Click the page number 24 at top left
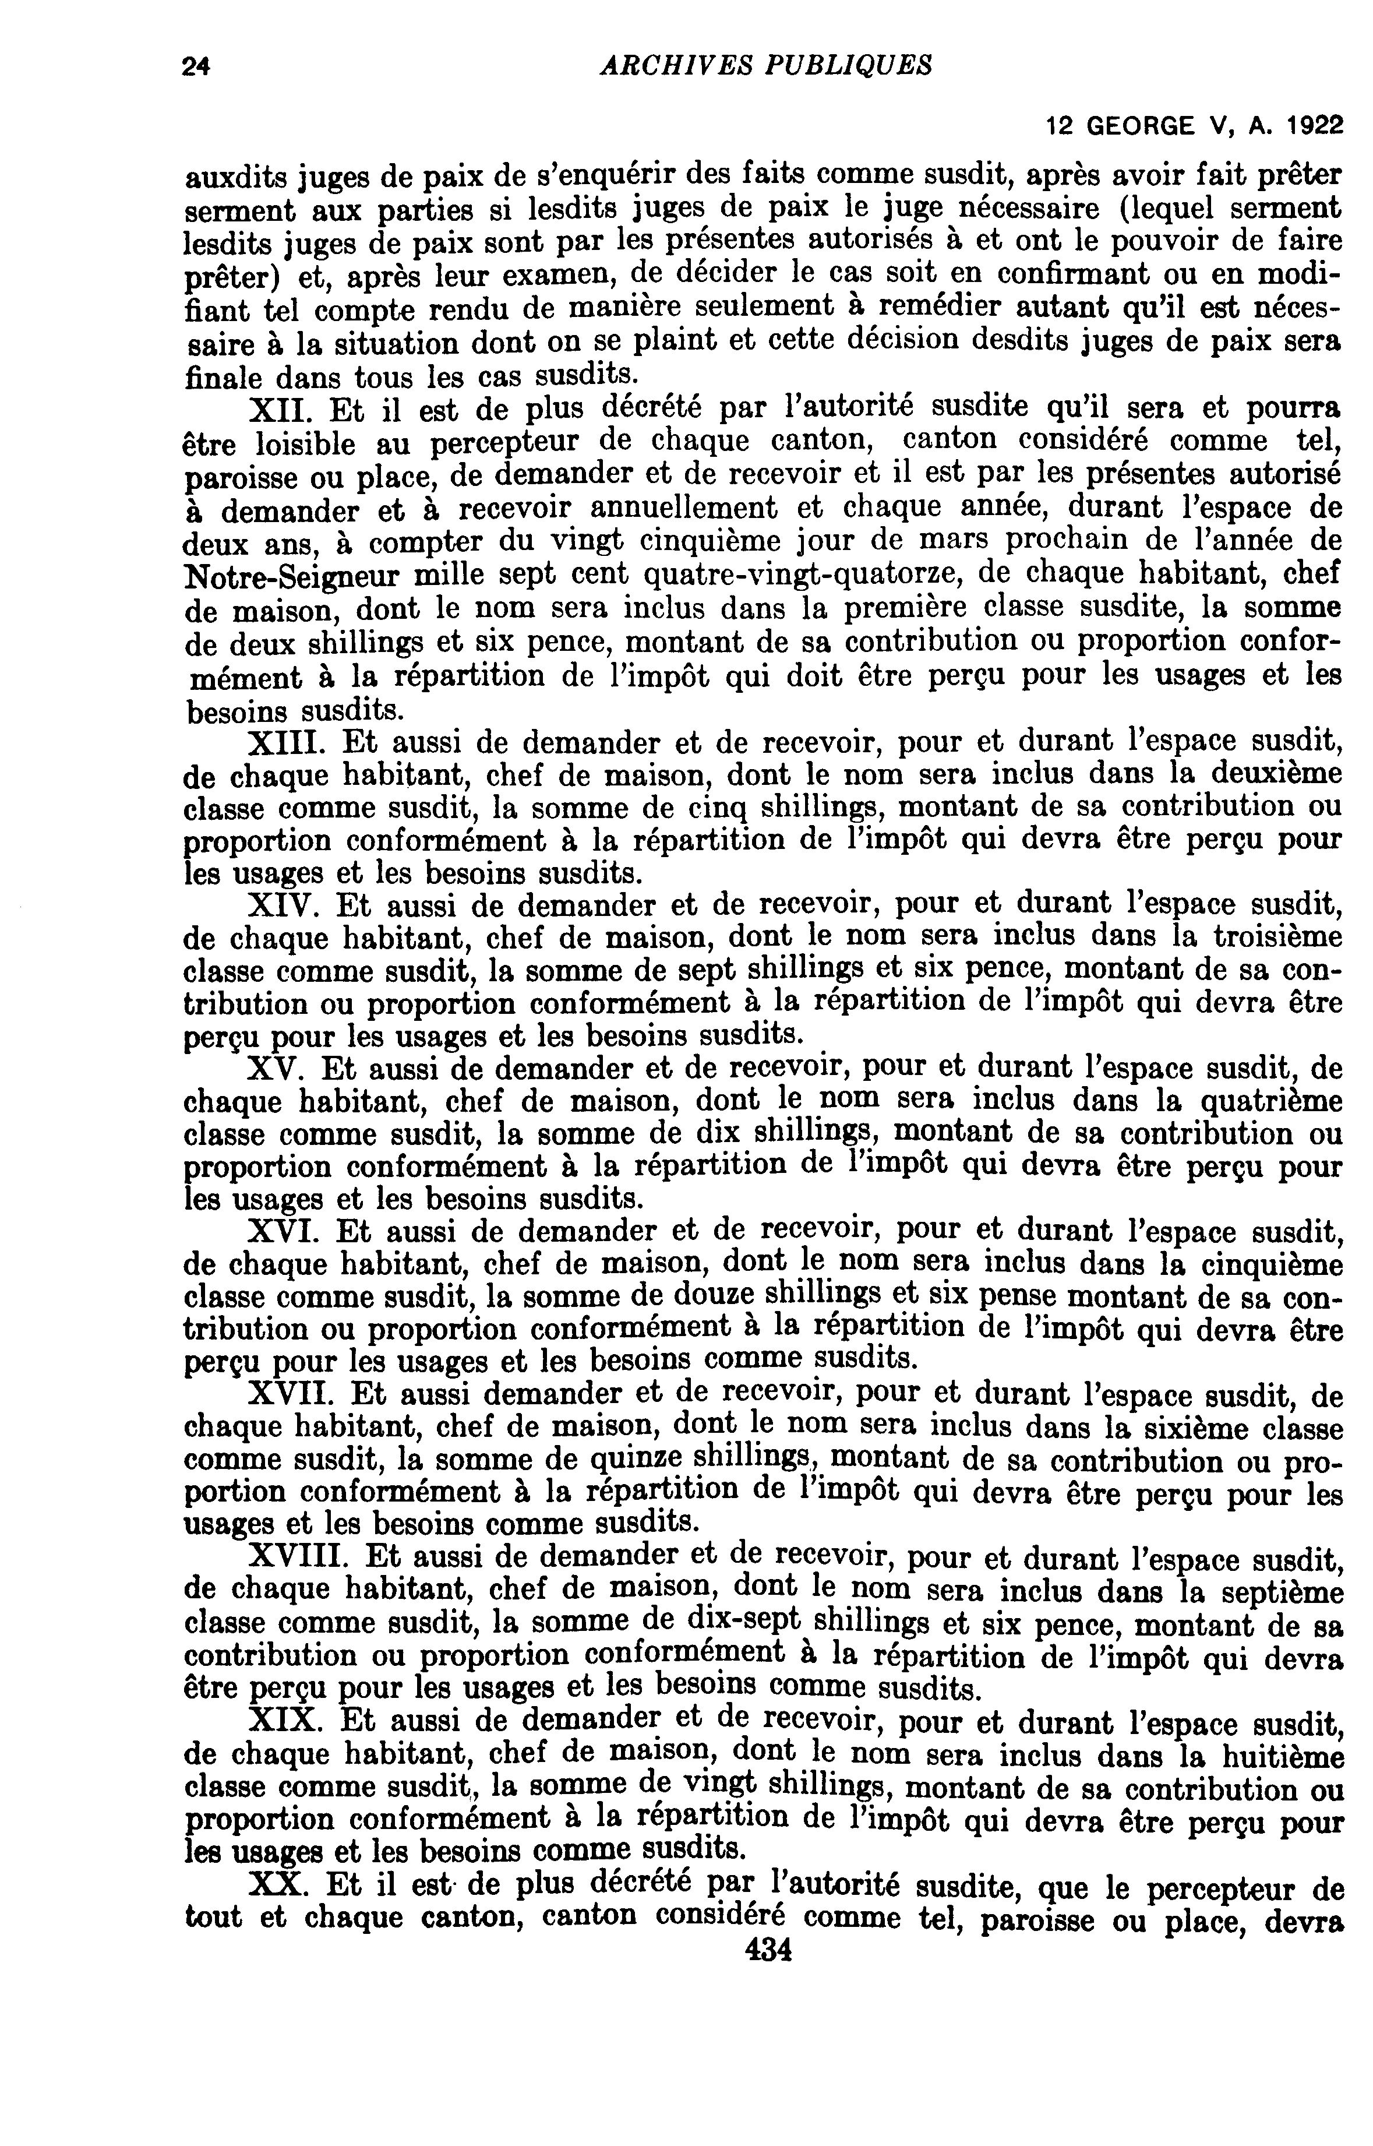click(x=195, y=66)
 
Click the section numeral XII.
click(x=281, y=410)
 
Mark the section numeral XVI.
click(x=284, y=1233)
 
